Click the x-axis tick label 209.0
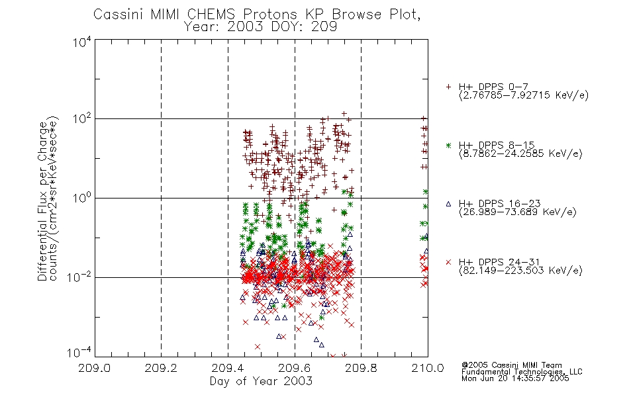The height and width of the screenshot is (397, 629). point(94,368)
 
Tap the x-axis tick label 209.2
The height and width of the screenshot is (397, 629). point(161,368)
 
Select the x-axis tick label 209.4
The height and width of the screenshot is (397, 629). point(228,368)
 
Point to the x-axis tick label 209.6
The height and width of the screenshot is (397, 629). point(295,368)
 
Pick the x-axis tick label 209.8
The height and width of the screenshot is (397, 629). point(361,368)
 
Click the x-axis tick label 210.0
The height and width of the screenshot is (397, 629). point(428,368)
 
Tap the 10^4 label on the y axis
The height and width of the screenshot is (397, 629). point(82,42)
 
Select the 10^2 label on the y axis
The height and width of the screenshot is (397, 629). point(82,119)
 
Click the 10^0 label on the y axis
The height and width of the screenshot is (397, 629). point(82,198)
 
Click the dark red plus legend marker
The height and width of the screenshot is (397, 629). point(448,87)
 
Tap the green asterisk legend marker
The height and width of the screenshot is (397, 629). point(448,145)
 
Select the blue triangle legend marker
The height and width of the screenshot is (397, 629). point(448,204)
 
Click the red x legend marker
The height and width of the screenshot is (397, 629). point(448,262)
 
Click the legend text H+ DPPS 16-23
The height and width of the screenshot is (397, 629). point(500,203)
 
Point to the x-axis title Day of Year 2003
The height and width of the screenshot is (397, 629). point(261,381)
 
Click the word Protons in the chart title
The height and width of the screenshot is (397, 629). point(270,15)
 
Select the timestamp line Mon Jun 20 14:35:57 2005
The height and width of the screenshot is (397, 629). point(515,378)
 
